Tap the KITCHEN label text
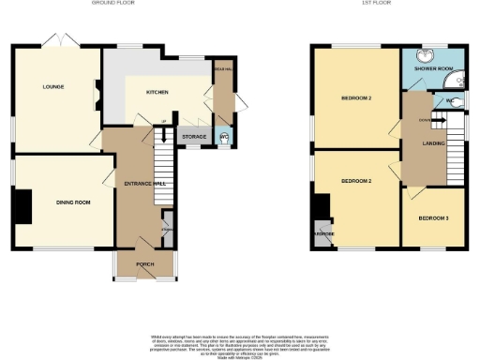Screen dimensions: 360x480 point(156,93)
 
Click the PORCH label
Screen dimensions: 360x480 point(144,263)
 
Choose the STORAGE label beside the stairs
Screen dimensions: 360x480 point(194,137)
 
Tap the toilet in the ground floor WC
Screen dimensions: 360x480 point(223,139)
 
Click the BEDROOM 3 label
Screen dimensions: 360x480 point(434,217)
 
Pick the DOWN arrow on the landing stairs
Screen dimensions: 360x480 point(424,120)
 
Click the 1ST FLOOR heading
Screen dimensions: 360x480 point(350,4)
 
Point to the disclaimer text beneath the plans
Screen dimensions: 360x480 point(240,343)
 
